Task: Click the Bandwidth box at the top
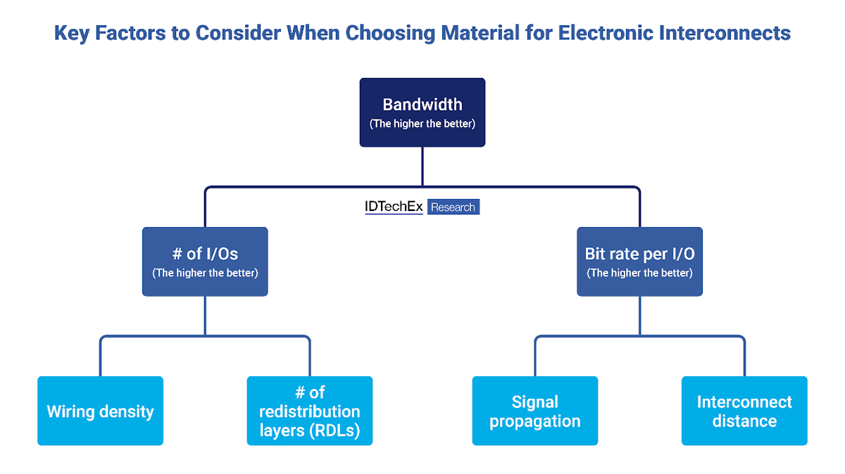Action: pos(423,113)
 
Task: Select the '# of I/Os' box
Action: pos(205,261)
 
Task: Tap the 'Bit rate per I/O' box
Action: pos(639,261)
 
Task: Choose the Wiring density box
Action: pos(100,411)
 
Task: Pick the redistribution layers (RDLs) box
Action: pos(310,411)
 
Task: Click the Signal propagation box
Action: pos(535,411)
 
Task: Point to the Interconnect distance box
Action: pos(744,411)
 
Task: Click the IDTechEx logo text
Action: pos(394,207)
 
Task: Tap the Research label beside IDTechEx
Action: pos(453,207)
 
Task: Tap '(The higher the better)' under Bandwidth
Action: pos(423,124)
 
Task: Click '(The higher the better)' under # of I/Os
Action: pos(205,273)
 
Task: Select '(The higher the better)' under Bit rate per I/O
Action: pos(639,273)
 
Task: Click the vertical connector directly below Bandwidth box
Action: pos(423,167)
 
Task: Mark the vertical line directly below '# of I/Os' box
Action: pos(205,315)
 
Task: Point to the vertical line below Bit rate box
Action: pos(639,315)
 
